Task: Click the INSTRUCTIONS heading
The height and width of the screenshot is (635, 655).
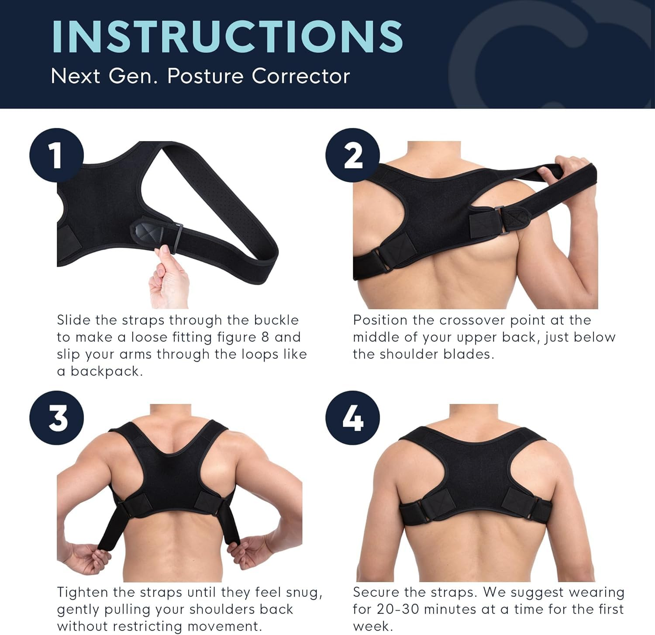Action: pos(227,36)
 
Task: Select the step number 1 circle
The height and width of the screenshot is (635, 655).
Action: pos(56,155)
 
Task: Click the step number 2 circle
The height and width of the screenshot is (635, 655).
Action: pos(352,155)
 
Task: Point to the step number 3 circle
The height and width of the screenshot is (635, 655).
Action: pos(56,418)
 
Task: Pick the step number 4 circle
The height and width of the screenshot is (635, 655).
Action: pos(352,418)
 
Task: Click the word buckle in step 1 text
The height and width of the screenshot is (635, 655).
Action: pos(276,320)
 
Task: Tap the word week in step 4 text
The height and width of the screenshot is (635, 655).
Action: pos(371,627)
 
